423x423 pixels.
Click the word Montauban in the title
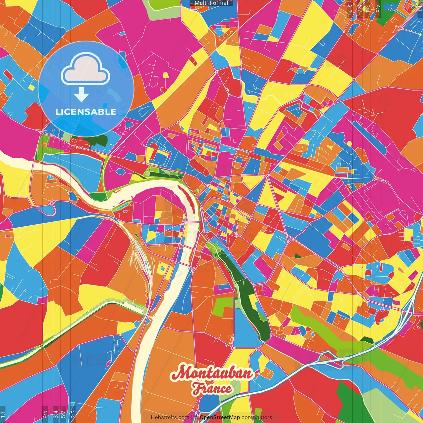(211, 373)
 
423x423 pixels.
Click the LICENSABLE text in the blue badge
(86, 112)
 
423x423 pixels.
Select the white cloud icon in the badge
(86, 71)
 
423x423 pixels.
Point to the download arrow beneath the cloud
(81, 96)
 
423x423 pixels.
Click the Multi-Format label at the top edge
(211, 3)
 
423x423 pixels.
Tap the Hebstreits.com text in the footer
(170, 417)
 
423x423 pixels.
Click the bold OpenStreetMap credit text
(220, 417)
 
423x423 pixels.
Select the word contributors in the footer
(257, 417)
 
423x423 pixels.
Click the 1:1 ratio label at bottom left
(3, 414)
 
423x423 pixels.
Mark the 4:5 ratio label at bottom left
(45, 414)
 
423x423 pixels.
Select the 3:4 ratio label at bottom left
(56, 414)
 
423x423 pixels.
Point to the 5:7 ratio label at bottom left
(63, 414)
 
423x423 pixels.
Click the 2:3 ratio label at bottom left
(73, 414)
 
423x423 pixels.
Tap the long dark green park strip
(246, 291)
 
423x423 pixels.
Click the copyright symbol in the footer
(196, 417)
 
